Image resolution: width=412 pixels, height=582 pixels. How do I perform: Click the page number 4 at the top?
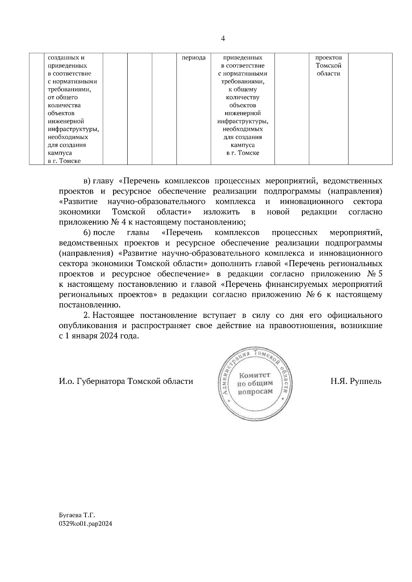click(223, 39)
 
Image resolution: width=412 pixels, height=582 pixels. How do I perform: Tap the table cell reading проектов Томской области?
click(328, 65)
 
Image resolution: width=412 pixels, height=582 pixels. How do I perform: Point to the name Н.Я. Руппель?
click(356, 381)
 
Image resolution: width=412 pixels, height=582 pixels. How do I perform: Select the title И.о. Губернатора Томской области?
click(126, 381)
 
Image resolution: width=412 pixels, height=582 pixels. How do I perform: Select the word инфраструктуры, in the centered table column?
click(242, 121)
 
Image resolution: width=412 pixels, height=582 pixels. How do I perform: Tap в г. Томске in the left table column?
click(64, 161)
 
